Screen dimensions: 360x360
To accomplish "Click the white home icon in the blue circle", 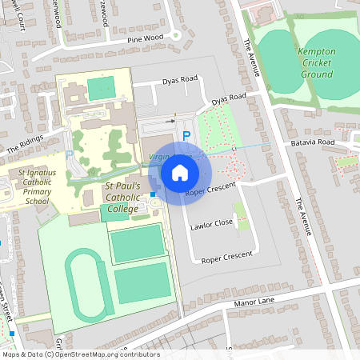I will (179, 173).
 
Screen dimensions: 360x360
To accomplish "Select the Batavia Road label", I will (313, 142).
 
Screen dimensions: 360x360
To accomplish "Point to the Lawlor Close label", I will (211, 226).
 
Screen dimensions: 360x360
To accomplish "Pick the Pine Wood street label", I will (145, 38).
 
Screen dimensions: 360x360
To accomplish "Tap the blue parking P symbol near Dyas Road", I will (186, 136).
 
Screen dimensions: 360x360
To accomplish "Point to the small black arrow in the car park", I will (170, 121).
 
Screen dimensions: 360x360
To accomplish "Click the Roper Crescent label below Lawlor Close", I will (226, 258).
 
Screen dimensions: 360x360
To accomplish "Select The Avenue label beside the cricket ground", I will (253, 57).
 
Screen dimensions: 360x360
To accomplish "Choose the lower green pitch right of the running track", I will (142, 282).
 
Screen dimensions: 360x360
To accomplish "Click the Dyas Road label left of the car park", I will (179, 80).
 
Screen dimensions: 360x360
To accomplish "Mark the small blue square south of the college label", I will (153, 216).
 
